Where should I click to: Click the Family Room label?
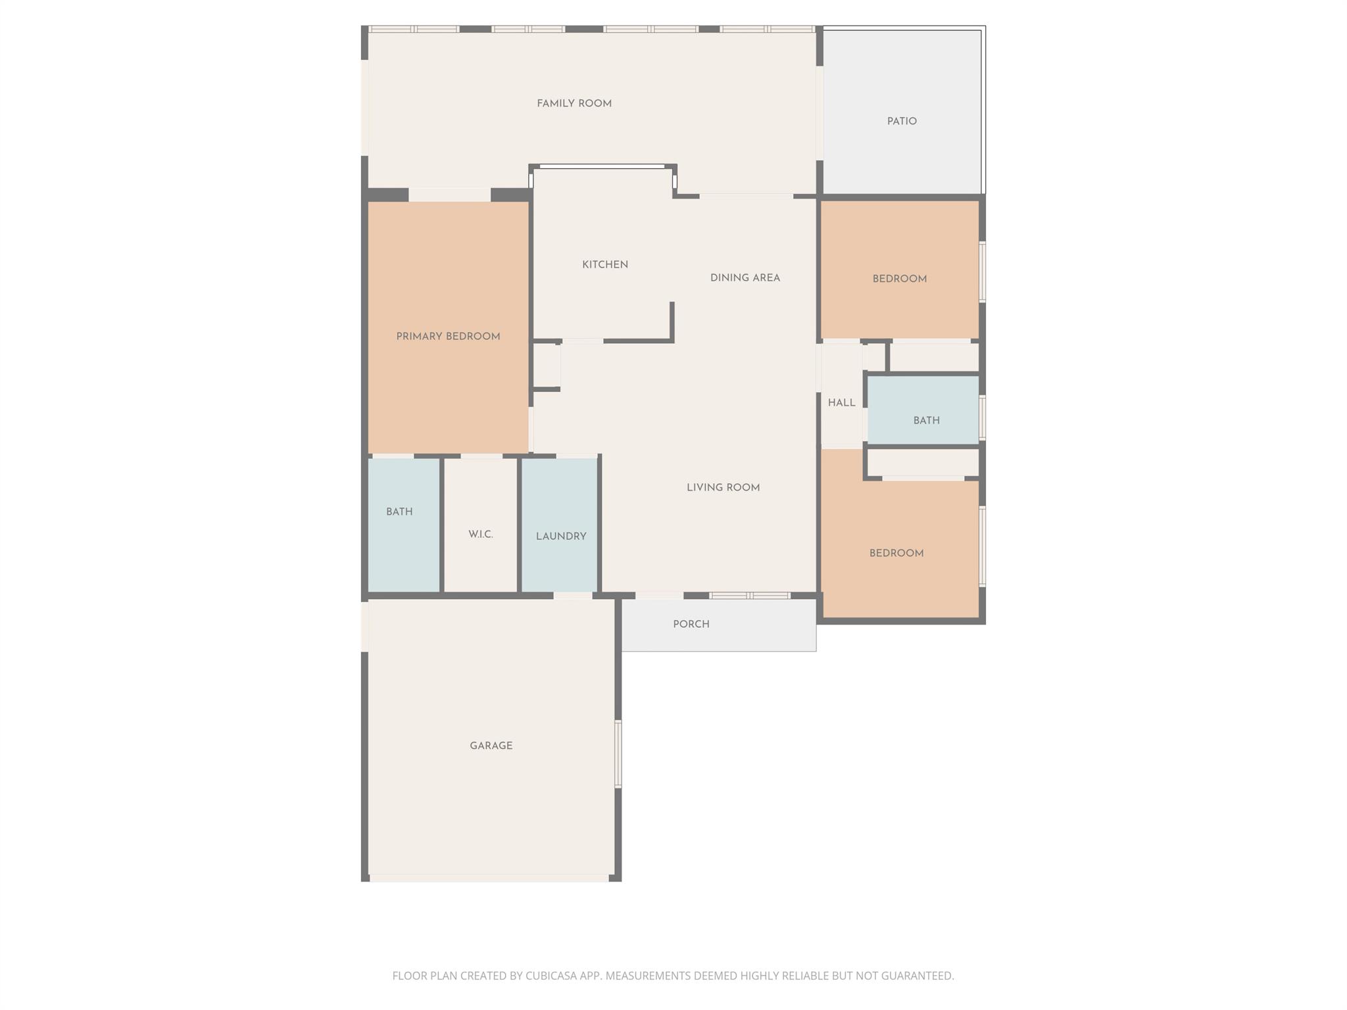(x=574, y=104)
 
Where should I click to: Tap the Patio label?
(x=902, y=122)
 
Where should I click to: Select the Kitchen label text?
(x=605, y=265)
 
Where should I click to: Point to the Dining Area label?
(x=745, y=278)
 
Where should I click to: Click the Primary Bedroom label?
(x=448, y=337)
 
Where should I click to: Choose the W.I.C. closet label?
(x=481, y=535)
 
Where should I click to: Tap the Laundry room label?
(x=561, y=537)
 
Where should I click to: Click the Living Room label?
(x=723, y=488)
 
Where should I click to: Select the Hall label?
(x=842, y=403)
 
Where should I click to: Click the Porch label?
(x=691, y=625)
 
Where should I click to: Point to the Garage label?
(x=491, y=746)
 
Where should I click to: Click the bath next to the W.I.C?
(x=399, y=512)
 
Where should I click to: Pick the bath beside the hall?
(x=926, y=421)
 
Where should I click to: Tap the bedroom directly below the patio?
(x=900, y=279)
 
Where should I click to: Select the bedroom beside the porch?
(x=896, y=554)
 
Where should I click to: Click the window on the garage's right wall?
(x=618, y=754)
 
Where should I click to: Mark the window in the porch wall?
(x=750, y=596)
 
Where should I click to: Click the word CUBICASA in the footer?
(x=551, y=976)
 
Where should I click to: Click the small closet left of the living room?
(x=546, y=366)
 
